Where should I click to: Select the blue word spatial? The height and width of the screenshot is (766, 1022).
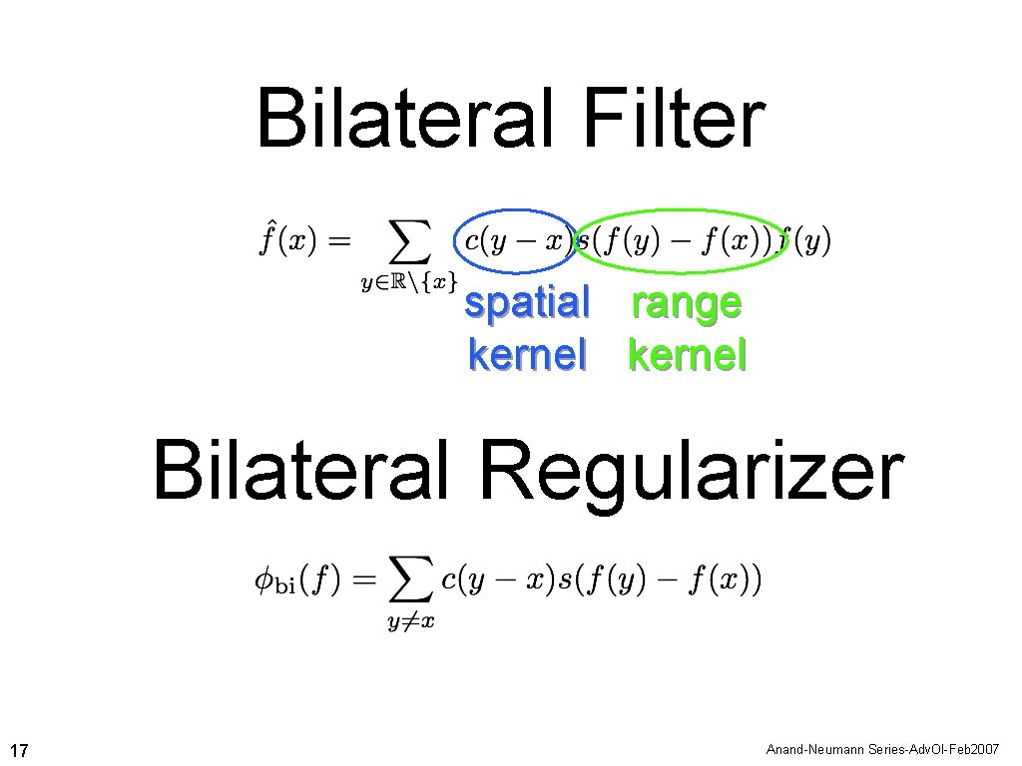point(527,303)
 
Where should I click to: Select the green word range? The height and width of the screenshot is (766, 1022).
point(687,303)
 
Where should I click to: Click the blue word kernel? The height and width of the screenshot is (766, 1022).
point(527,355)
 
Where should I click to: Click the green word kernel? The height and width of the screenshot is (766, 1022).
point(687,355)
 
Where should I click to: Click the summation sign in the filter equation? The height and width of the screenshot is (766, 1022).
point(408,240)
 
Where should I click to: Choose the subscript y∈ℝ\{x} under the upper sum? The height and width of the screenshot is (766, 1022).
point(408,282)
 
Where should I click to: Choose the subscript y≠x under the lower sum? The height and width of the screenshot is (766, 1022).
point(410,622)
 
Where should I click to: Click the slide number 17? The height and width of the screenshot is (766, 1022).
point(19,749)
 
